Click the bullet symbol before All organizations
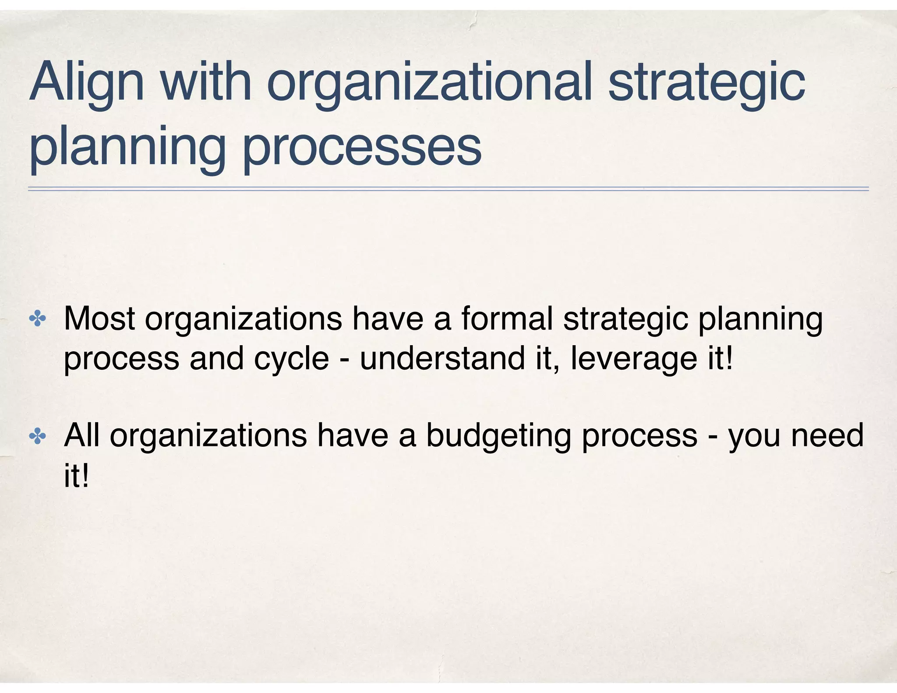click(37, 436)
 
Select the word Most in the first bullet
click(99, 319)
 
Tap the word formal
click(507, 319)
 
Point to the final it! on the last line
click(76, 476)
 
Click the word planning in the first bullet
click(760, 319)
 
